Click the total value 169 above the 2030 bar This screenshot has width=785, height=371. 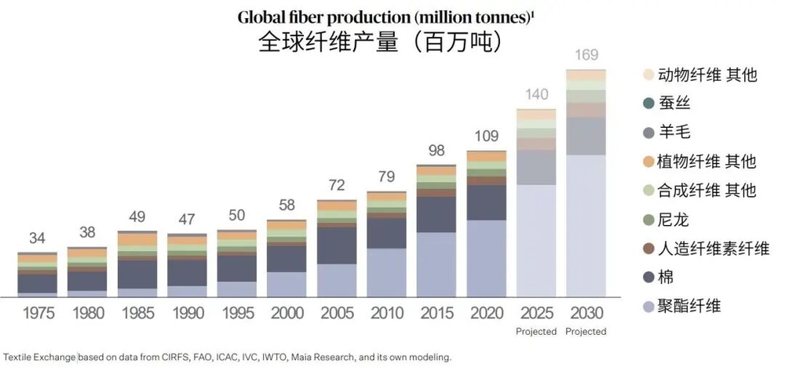pos(586,55)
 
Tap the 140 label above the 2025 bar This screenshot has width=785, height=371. pos(536,95)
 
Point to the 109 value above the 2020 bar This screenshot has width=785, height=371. pos(486,136)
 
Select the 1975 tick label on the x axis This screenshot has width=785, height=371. pos(38,314)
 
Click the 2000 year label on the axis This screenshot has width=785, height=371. pos(287,314)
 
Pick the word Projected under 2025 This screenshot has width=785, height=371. pos(536,332)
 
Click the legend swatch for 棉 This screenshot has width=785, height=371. pos(648,277)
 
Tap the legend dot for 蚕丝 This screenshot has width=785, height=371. pos(648,104)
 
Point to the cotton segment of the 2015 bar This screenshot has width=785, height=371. pos(436,214)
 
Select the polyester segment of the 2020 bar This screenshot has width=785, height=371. pos(486,259)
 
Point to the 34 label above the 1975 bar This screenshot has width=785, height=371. pos(37,238)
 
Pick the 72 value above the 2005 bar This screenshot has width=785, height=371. pos(337,186)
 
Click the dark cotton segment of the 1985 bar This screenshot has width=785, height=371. pos(137,275)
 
